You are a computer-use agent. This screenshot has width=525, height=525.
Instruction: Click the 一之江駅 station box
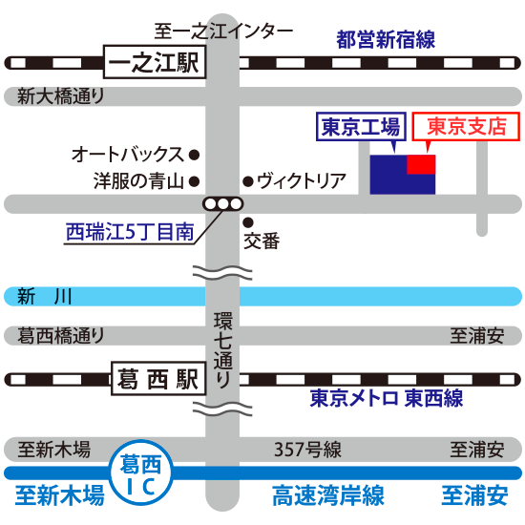tap(155, 62)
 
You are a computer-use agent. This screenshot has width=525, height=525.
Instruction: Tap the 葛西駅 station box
tap(158, 378)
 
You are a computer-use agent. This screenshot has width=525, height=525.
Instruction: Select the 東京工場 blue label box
tap(361, 127)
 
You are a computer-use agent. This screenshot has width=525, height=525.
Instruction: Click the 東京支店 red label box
tap(466, 126)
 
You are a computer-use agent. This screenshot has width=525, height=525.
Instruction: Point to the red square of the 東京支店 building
tap(421, 164)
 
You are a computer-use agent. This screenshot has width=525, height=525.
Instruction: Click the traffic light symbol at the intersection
tap(222, 204)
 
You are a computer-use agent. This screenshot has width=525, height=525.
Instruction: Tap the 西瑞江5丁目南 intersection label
tap(130, 232)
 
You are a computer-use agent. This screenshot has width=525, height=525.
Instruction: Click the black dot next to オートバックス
tap(194, 155)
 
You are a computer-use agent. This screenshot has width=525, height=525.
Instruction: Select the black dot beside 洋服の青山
tap(194, 181)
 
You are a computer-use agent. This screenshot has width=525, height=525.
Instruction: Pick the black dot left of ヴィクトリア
tap(248, 181)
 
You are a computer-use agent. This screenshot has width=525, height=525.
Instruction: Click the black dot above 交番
tap(248, 222)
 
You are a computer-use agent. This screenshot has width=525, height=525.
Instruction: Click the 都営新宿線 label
tap(386, 39)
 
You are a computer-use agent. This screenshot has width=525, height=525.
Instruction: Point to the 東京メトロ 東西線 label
tap(387, 398)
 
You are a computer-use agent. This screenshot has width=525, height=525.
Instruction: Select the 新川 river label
tap(45, 296)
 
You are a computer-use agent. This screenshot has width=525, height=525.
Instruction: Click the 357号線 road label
tap(307, 450)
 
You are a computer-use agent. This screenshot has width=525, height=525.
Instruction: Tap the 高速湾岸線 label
tap(328, 495)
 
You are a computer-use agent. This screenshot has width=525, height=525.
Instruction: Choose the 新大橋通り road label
tap(60, 96)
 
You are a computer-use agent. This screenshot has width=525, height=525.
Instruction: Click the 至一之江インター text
tap(223, 31)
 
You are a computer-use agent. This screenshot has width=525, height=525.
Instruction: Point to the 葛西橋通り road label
tap(60, 336)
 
